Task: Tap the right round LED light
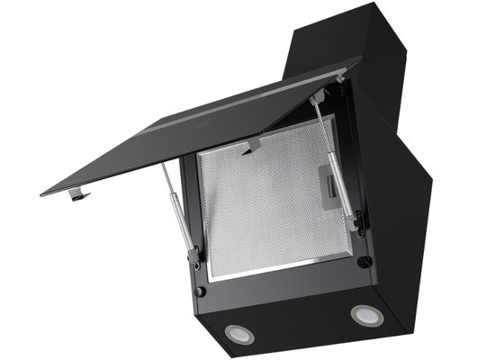tap(364, 314)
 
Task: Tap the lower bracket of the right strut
tap(357, 221)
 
